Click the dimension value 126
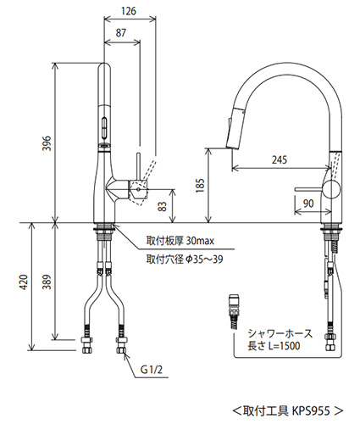pos(128,11)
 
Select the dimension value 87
pos(121,31)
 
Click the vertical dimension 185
pos(199,184)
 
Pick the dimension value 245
pos(280,158)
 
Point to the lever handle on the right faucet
pos(307,187)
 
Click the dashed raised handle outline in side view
pos(144,173)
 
